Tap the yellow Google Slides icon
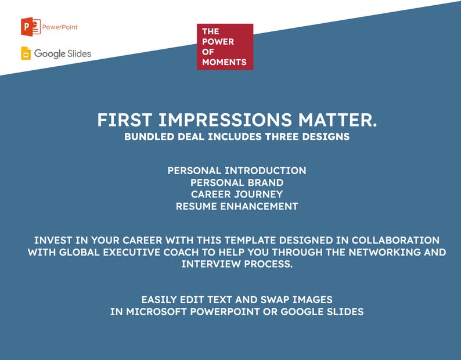click(26, 53)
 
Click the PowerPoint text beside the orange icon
click(60, 27)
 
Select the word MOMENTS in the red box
click(224, 62)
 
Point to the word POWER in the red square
click(218, 41)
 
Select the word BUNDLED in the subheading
click(149, 138)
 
